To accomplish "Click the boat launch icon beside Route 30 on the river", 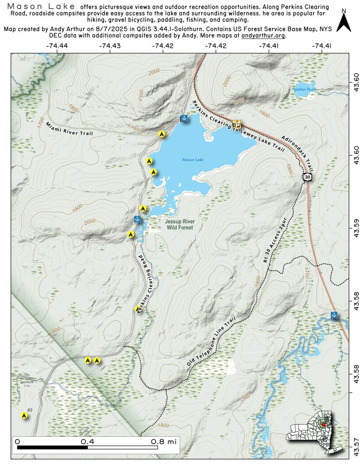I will (334, 315).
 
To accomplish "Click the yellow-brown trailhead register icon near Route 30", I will (237, 123).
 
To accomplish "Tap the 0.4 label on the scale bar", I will (87, 441).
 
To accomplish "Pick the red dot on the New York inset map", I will (324, 424).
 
